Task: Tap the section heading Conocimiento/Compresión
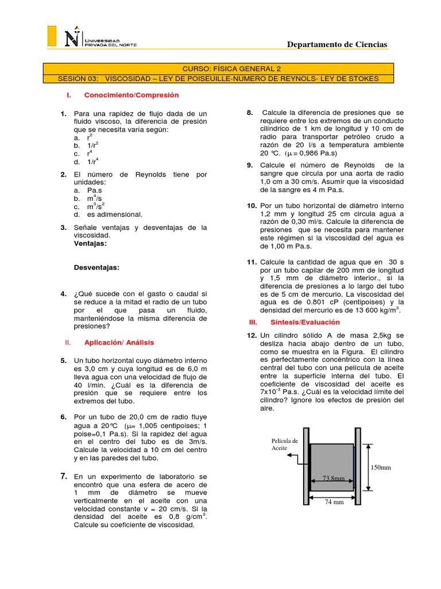(x=131, y=95)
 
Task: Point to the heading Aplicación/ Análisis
(x=119, y=342)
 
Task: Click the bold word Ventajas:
(x=92, y=243)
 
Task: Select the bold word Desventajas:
(x=97, y=267)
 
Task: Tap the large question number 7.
(x=64, y=476)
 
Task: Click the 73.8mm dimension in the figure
(x=333, y=478)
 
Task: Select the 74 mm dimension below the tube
(x=334, y=501)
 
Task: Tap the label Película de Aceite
(x=284, y=444)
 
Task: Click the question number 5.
(x=64, y=360)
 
